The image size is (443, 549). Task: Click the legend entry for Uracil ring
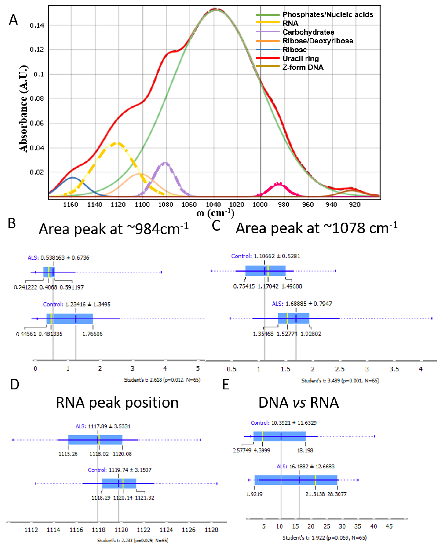coord(300,58)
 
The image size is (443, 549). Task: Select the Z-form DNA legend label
coord(303,67)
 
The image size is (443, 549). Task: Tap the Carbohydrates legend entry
coord(308,32)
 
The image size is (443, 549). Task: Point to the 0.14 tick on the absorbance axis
coord(37,25)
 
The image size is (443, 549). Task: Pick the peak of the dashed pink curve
coord(279,183)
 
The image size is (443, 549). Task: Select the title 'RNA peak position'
coord(117,402)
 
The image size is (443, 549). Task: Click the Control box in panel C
coord(265,271)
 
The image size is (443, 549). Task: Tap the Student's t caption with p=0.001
coord(340,381)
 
